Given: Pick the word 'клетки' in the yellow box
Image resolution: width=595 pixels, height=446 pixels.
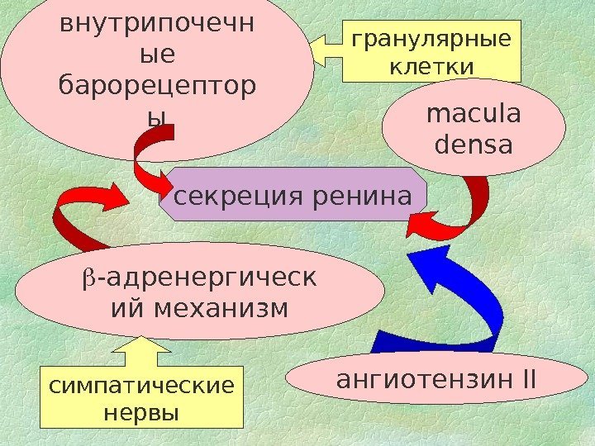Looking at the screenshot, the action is point(431,65).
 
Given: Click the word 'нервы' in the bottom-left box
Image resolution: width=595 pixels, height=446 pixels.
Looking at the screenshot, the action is point(142,410).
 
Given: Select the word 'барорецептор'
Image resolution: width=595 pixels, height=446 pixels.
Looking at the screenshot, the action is point(157,85).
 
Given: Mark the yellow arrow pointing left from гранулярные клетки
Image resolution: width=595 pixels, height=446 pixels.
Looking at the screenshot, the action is point(328,48).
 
